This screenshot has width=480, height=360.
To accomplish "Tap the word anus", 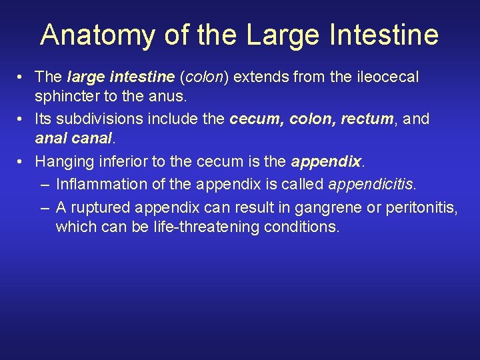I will point(168,98).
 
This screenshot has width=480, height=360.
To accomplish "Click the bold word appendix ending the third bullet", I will point(326,162).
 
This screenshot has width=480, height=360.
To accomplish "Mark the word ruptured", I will point(104,205).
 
